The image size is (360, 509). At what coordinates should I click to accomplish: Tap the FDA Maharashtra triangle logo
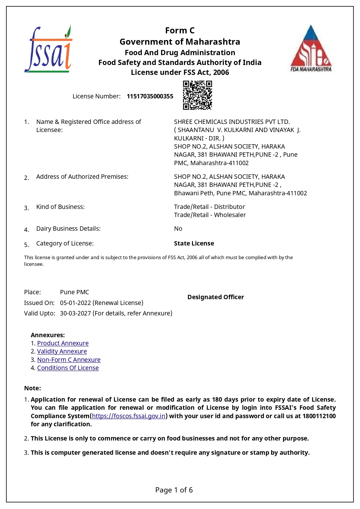coord(311,49)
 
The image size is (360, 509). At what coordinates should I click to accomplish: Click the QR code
coord(197,95)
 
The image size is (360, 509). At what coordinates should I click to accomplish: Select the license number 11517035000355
coord(150,96)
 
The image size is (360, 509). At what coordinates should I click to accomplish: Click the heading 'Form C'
coord(180,30)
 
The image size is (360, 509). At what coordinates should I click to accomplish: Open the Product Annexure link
coord(63,343)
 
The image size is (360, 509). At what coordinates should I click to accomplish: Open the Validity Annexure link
coord(62,351)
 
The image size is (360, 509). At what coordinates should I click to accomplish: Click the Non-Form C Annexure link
coord(69,360)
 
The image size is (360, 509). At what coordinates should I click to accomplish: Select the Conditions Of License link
coord(68,368)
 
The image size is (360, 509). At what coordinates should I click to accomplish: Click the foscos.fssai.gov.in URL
coord(129,416)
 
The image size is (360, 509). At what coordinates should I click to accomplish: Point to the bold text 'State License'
coord(194,243)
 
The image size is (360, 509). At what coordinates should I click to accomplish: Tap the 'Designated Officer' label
coord(216,297)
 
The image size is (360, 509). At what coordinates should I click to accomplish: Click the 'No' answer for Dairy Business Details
coord(178,229)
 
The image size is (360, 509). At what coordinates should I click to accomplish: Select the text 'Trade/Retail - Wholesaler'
coord(210,215)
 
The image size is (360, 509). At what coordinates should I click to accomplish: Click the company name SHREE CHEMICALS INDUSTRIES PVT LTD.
coord(232,122)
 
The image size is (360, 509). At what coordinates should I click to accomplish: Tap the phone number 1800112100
coord(319,416)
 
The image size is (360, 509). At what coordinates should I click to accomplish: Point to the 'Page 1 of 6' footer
coord(174,490)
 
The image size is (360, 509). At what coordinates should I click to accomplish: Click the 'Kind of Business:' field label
coord(60,207)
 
